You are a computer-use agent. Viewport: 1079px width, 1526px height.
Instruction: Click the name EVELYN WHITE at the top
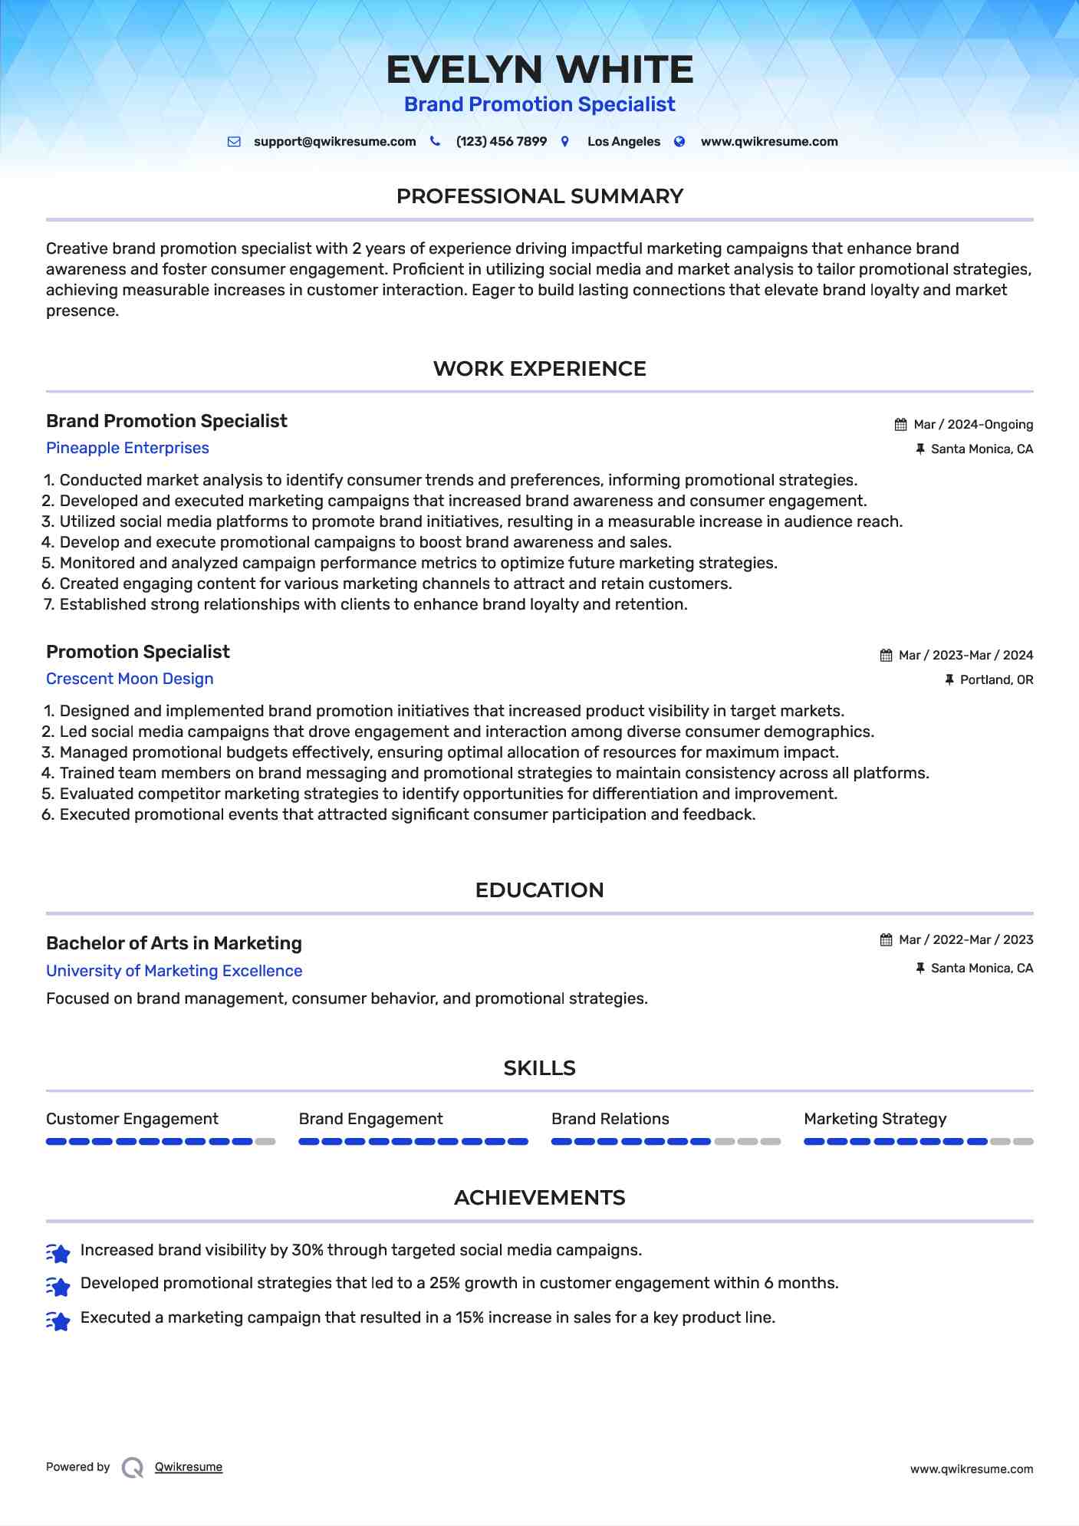(539, 70)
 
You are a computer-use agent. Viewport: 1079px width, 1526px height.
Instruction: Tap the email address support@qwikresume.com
(334, 142)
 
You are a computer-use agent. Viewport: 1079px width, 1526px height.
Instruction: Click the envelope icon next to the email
(234, 142)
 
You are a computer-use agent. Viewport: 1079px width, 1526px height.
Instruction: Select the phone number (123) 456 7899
(501, 142)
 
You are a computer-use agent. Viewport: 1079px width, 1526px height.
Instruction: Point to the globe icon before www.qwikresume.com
(679, 142)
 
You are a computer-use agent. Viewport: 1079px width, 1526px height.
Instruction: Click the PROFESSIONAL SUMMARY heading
(539, 196)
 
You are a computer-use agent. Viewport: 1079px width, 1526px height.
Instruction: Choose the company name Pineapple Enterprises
(127, 448)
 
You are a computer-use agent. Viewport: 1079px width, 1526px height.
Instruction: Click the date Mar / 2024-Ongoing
(972, 425)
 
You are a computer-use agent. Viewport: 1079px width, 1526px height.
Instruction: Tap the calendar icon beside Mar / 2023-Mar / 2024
(886, 656)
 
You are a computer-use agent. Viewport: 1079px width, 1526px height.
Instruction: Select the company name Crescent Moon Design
(130, 679)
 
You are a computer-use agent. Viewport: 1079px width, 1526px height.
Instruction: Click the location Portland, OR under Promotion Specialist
(996, 680)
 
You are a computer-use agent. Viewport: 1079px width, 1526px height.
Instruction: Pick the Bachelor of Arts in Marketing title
(174, 943)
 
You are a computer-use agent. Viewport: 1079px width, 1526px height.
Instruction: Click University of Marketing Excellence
(174, 971)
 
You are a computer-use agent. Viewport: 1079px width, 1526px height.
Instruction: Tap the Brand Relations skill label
(610, 1119)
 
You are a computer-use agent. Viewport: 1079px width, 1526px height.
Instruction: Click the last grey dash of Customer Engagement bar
(265, 1142)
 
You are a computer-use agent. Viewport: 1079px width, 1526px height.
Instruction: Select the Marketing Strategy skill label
(875, 1119)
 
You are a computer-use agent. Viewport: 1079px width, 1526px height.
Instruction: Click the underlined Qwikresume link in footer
(189, 1467)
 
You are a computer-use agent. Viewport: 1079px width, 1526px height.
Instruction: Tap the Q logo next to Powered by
(133, 1468)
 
